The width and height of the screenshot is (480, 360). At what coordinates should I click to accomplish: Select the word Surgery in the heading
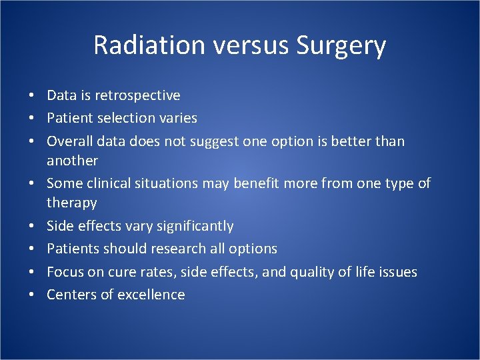pos(341,45)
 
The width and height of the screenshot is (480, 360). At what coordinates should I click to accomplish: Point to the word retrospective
pos(137,95)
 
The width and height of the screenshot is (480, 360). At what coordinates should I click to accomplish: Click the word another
pos(72,161)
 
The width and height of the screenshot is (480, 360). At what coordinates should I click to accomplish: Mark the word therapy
pos(71,203)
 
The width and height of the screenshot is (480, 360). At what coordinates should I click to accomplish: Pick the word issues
pos(396,272)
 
